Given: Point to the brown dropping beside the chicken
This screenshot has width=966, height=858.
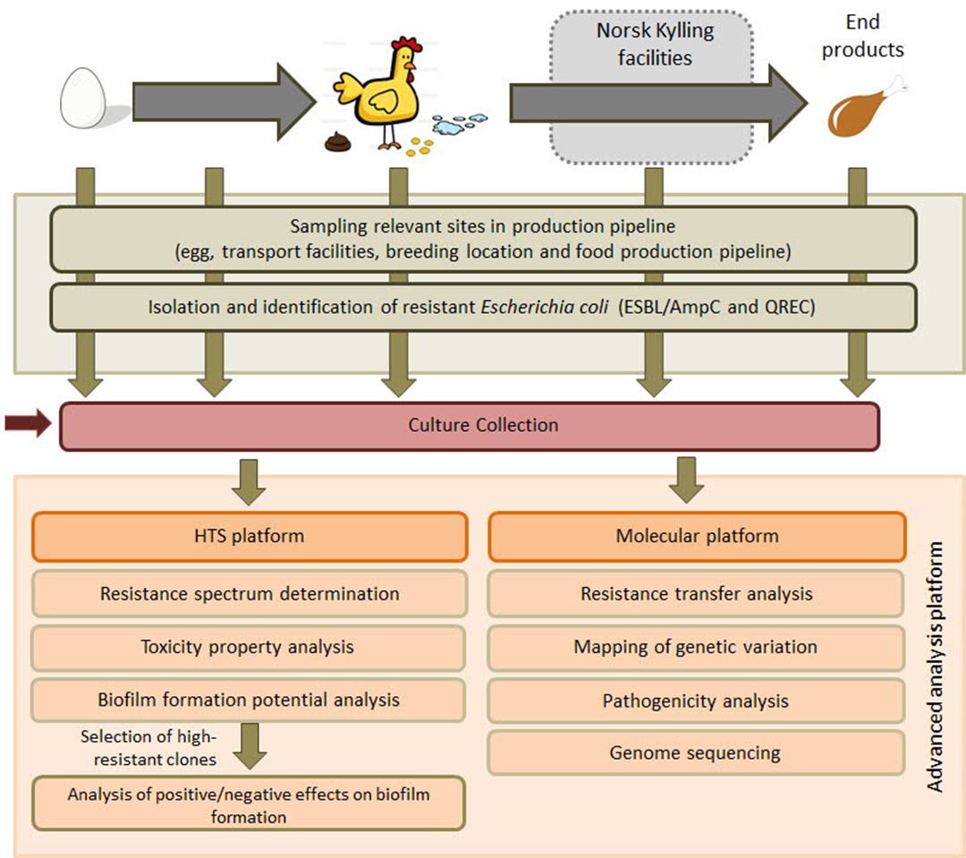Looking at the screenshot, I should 337,141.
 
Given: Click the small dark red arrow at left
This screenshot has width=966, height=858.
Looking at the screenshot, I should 26,425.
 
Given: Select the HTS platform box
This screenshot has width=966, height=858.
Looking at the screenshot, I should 250,537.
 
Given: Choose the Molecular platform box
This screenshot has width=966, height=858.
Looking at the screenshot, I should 697,537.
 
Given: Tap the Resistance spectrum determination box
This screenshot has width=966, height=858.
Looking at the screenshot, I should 250,594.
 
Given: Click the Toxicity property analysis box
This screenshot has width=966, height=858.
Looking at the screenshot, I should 250,646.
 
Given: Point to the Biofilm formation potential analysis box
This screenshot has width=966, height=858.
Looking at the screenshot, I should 250,700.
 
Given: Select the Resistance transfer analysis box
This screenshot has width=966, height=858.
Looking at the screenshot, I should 697,594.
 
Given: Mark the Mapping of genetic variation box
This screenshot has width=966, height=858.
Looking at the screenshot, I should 697,647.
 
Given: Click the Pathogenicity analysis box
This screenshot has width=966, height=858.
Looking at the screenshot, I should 697,700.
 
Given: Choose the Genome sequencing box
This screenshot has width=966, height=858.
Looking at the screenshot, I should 697,752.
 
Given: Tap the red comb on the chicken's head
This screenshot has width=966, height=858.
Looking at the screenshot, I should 409,44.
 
